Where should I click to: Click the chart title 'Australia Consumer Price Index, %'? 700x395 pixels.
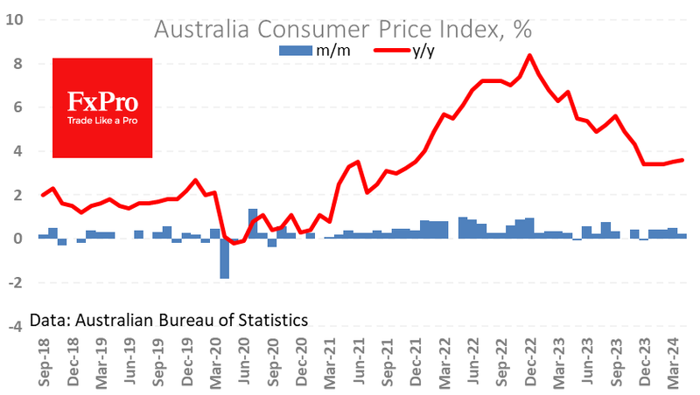pyautogui.click(x=343, y=30)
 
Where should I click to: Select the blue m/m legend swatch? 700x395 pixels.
pyautogui.click(x=296, y=51)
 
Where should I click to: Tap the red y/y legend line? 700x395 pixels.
pyautogui.click(x=391, y=51)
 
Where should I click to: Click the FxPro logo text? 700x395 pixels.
pyautogui.click(x=102, y=101)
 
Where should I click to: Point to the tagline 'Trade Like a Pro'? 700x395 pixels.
pyautogui.click(x=102, y=121)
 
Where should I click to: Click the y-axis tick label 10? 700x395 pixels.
pyautogui.click(x=15, y=19)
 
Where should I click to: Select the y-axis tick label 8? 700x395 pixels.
pyautogui.click(x=17, y=63)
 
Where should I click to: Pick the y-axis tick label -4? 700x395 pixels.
pyautogui.click(x=16, y=326)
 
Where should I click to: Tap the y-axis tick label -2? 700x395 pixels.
pyautogui.click(x=16, y=282)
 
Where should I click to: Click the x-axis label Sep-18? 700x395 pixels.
pyautogui.click(x=45, y=362)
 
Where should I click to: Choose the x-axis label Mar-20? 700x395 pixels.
pyautogui.click(x=215, y=363)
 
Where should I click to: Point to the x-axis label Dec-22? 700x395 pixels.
pyautogui.click(x=530, y=362)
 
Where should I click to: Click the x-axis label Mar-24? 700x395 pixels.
pyautogui.click(x=673, y=363)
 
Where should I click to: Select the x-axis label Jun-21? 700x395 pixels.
pyautogui.click(x=359, y=361)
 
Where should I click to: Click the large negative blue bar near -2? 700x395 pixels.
pyautogui.click(x=225, y=259)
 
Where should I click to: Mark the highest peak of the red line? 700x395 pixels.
pyautogui.click(x=529, y=55)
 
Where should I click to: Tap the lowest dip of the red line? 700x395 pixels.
pyautogui.click(x=234, y=244)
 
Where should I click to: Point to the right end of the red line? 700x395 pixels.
pyautogui.click(x=682, y=160)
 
